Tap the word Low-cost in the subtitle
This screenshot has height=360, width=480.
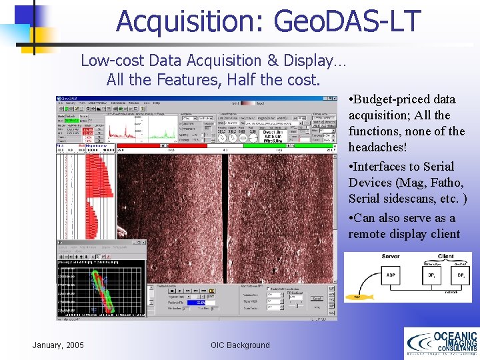click(x=113, y=61)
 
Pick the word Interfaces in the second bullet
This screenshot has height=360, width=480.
click(x=383, y=167)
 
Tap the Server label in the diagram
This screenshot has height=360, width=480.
click(x=391, y=257)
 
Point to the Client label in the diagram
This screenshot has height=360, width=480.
click(x=445, y=257)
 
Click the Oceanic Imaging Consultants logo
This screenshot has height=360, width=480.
click(x=441, y=343)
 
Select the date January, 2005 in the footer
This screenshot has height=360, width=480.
click(x=58, y=345)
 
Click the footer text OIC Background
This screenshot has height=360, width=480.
click(x=240, y=345)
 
